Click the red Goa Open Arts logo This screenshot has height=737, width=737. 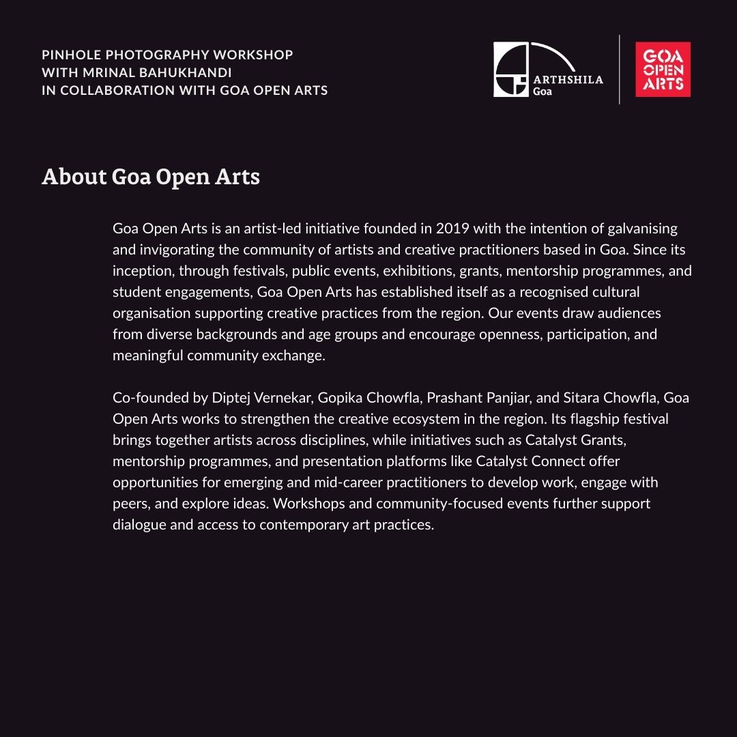click(x=663, y=70)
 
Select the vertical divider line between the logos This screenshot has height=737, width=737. click(x=620, y=70)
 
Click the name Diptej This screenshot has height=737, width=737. click(x=233, y=397)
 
